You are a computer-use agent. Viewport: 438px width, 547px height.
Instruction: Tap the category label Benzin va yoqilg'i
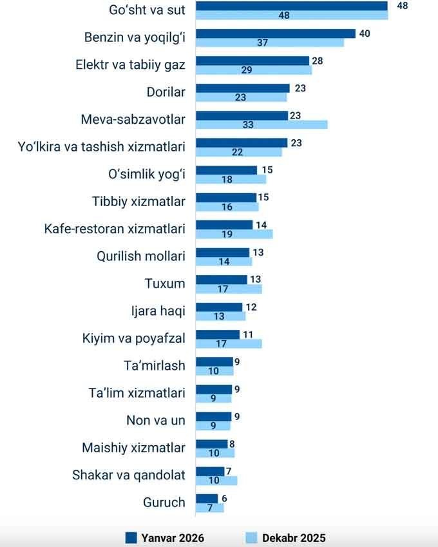(135, 37)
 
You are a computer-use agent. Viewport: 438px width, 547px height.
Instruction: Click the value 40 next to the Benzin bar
(365, 34)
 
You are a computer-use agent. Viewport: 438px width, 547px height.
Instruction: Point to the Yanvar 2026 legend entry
(164, 538)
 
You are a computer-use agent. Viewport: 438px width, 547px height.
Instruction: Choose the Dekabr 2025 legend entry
(286, 538)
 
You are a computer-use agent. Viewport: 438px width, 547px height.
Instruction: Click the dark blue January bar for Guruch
(207, 499)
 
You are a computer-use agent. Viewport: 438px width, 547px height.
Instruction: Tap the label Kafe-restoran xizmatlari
(115, 229)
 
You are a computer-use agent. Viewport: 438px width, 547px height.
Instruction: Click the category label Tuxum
(165, 283)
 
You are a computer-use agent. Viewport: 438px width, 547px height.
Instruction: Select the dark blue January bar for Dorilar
(242, 88)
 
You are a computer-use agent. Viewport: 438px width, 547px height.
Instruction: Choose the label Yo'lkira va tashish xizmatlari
(102, 147)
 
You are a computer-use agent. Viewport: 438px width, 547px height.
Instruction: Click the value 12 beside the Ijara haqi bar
(251, 307)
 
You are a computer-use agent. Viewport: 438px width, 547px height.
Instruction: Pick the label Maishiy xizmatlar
(133, 448)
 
